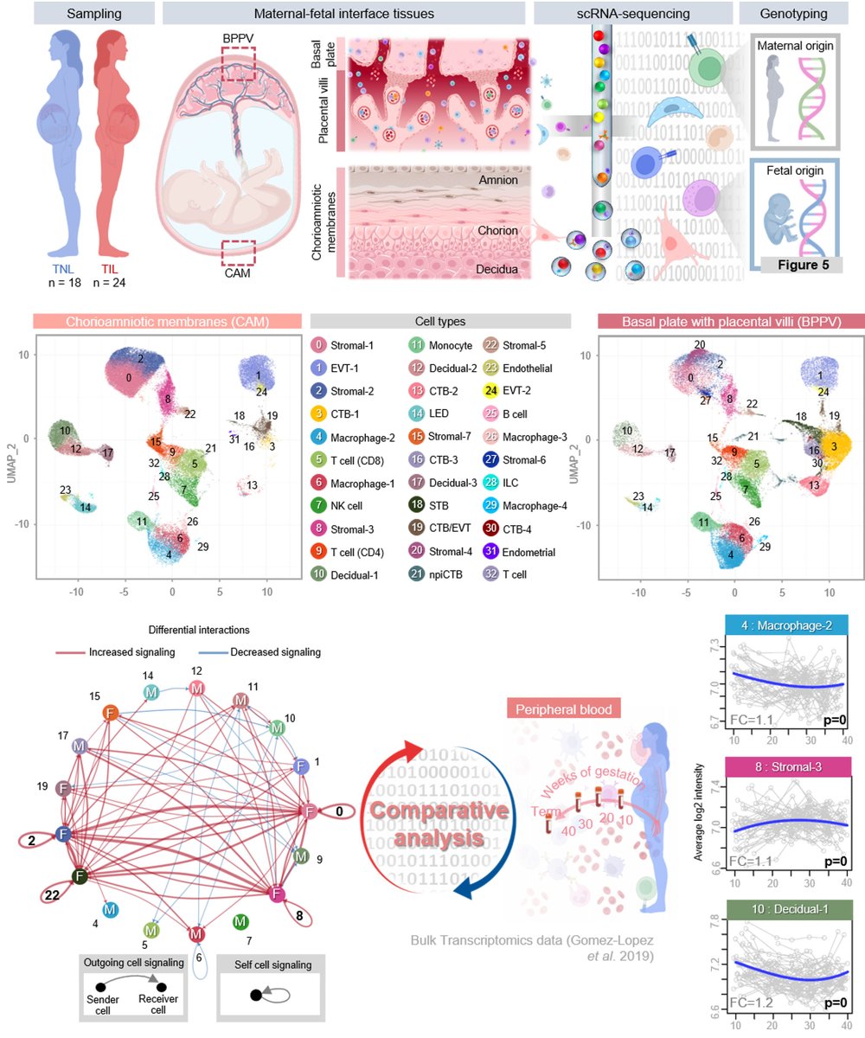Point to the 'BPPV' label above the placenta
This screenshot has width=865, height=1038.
[x=237, y=39]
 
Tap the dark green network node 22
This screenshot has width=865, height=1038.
[x=80, y=876]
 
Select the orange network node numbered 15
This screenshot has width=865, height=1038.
[x=111, y=714]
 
